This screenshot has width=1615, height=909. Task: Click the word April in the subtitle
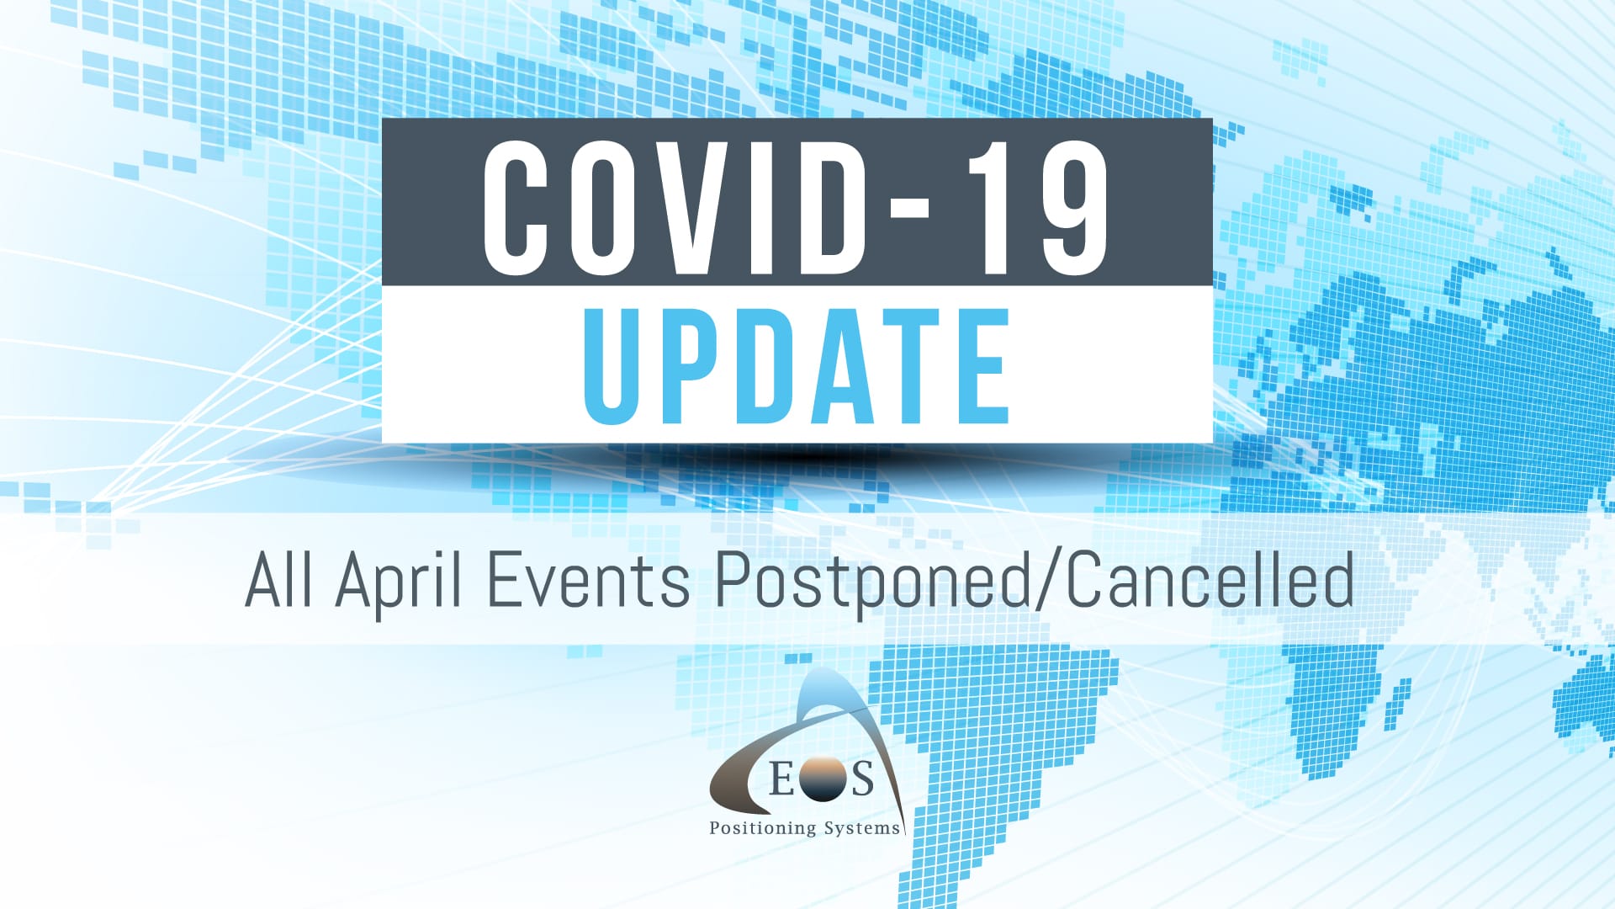399,585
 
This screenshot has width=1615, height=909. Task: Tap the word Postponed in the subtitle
871,585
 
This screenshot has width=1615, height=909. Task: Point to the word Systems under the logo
862,828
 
